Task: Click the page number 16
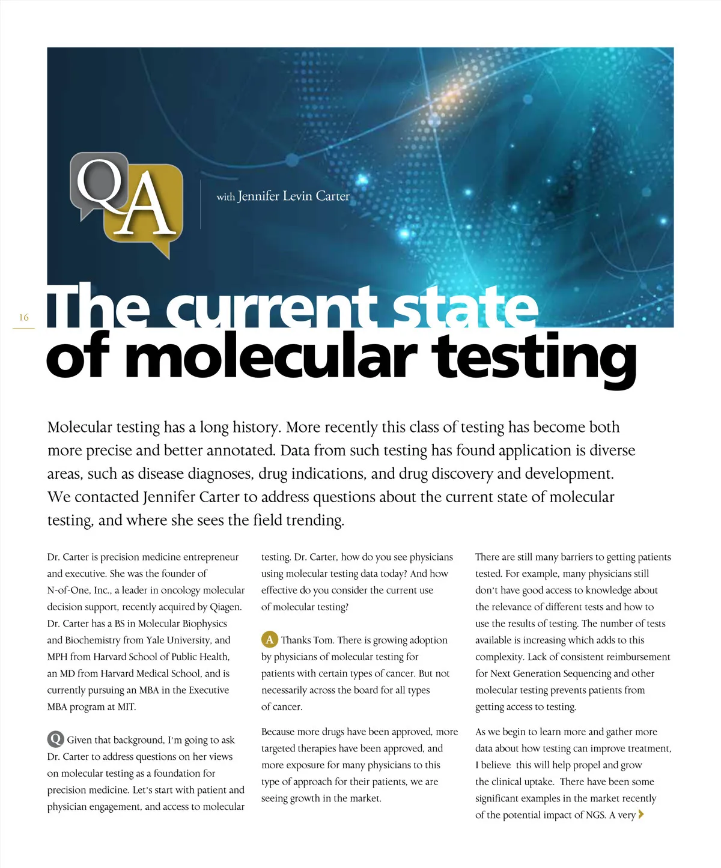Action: (x=24, y=317)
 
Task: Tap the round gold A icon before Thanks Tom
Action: (x=269, y=640)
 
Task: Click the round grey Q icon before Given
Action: (x=55, y=739)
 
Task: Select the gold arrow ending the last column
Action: (x=641, y=815)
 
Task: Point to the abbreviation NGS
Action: (x=595, y=815)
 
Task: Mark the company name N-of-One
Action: (x=68, y=590)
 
